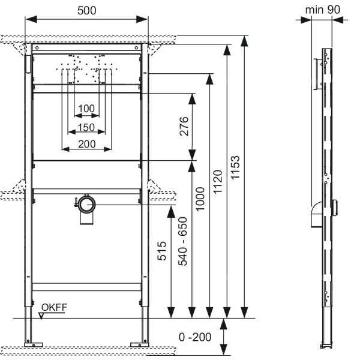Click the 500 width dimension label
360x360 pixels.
tap(86, 11)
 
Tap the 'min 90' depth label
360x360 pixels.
tap(323, 10)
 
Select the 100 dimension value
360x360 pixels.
tap(86, 109)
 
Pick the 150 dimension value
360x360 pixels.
tap(86, 127)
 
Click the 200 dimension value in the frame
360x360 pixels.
tap(87, 144)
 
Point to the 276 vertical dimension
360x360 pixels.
tap(184, 126)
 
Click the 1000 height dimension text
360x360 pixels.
tap(200, 199)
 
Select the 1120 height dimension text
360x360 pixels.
tap(218, 182)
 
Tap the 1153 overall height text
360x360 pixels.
tap(235, 167)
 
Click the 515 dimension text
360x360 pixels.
tap(162, 251)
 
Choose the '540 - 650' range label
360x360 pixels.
tap(183, 242)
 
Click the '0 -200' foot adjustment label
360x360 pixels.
tap(195, 337)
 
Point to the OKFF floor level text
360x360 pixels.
tap(54, 307)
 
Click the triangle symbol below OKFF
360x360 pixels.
tap(41, 316)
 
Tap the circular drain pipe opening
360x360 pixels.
tap(87, 204)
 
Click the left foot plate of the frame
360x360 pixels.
tap(34, 345)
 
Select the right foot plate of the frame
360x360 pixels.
tap(140, 345)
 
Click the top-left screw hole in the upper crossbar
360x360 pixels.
tap(37, 48)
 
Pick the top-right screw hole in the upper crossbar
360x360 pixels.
tap(136, 48)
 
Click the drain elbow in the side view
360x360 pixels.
tap(317, 214)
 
